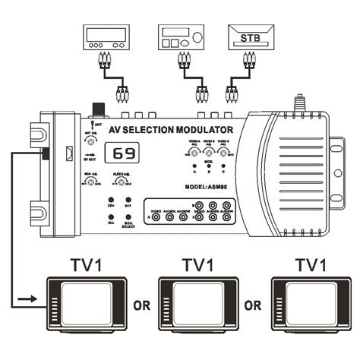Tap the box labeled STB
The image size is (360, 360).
[x=248, y=37]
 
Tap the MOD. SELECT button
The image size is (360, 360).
[x=125, y=219]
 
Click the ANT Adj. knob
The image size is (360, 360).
[x=92, y=141]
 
